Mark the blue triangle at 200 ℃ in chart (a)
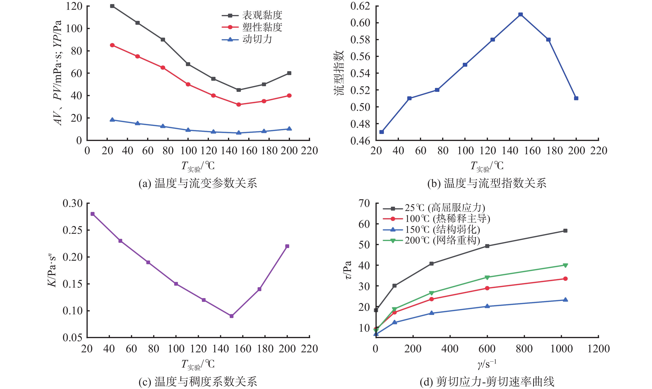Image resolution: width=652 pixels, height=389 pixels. (289, 129)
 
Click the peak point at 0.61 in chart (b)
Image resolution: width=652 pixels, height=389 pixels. (520, 14)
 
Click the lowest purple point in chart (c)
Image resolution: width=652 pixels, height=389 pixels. (231, 316)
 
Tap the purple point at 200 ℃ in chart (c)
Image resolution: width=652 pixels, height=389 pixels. (287, 246)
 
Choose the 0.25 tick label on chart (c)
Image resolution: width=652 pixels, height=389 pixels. (72, 230)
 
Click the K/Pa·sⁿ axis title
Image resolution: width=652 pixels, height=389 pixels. (52, 270)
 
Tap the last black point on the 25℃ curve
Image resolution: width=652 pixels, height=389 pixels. (565, 231)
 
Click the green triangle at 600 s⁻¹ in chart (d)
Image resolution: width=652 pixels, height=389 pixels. (487, 277)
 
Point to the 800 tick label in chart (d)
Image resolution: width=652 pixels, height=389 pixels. (524, 349)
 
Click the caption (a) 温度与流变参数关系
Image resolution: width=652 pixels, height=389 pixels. (198, 183)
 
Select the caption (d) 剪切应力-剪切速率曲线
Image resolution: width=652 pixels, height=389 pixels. (487, 382)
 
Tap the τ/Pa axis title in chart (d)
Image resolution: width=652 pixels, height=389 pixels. (347, 270)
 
